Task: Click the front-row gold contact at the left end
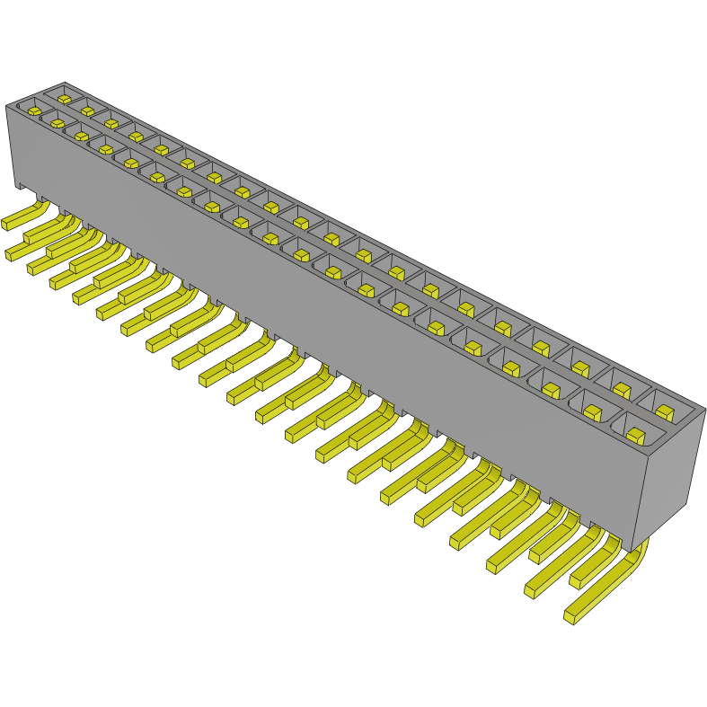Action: click(33, 111)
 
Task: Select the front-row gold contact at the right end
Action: click(636, 436)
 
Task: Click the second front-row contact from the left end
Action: click(57, 123)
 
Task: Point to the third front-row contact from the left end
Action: click(81, 137)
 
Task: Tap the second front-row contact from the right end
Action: click(593, 412)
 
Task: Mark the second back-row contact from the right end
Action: click(622, 389)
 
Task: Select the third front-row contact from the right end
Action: click(552, 390)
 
